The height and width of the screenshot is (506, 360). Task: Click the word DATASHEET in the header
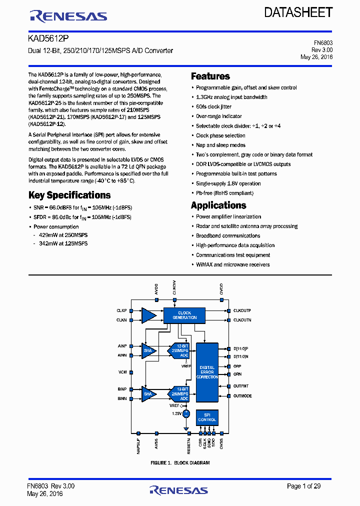tap(298, 13)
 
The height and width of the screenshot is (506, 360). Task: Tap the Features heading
tap(210, 76)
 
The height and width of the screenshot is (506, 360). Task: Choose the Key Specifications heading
tap(69, 195)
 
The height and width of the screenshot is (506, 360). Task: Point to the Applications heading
tap(218, 205)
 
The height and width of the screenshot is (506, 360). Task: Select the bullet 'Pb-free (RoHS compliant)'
tap(224, 193)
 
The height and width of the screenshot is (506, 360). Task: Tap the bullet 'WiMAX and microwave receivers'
tap(232, 264)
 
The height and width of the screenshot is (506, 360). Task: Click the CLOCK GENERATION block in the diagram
tap(184, 315)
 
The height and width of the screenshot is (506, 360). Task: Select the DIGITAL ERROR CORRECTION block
tap(207, 372)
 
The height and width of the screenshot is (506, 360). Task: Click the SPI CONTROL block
tap(207, 417)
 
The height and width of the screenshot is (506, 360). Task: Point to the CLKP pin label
tap(121, 310)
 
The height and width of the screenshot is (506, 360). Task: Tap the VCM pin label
tap(122, 372)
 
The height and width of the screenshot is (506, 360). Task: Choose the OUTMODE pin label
tap(242, 396)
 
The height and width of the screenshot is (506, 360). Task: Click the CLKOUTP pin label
tap(242, 310)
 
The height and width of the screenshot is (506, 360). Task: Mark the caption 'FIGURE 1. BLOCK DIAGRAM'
tap(180, 463)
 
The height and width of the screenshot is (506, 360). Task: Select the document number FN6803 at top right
tap(323, 43)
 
